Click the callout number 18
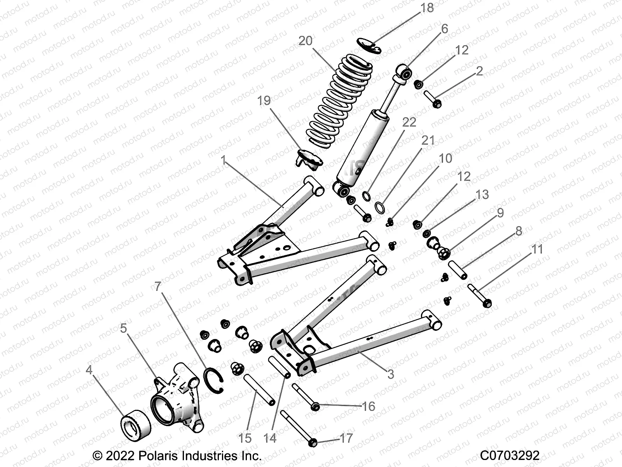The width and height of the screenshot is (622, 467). pyautogui.click(x=427, y=8)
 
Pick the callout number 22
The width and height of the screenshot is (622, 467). pyautogui.click(x=409, y=122)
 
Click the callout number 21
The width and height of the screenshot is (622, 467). pyautogui.click(x=428, y=140)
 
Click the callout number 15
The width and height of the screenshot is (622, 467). pyautogui.click(x=245, y=438)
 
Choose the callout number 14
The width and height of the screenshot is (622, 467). pyautogui.click(x=269, y=438)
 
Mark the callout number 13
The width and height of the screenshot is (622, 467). pyautogui.click(x=482, y=195)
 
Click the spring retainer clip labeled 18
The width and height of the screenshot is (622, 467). pyautogui.click(x=369, y=45)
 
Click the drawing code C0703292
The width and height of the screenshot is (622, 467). pyautogui.click(x=510, y=455)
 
